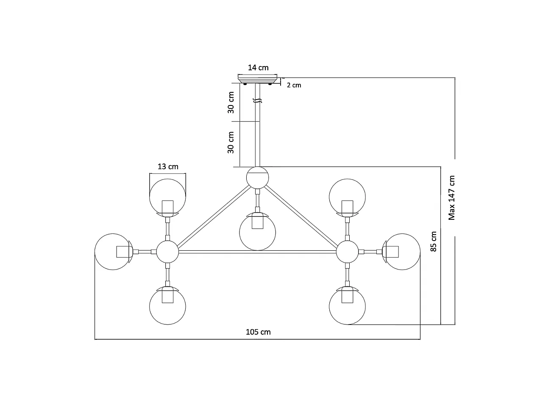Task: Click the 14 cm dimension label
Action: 258,68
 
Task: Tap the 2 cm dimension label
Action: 294,85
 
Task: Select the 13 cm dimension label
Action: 168,166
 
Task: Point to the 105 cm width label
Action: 258,332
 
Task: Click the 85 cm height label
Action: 434,241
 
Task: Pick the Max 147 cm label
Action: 452,198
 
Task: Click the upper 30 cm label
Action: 231,103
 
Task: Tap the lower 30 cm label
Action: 231,142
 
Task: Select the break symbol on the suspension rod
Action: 257,101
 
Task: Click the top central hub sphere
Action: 257,177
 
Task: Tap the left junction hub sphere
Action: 167,252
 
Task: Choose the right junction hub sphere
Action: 347,252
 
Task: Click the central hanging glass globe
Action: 257,232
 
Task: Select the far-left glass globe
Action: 113,252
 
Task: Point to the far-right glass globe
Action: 402,252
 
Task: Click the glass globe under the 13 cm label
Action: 167,197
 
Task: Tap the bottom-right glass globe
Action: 347,306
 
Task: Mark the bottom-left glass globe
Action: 167,306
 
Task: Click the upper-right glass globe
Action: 347,197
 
